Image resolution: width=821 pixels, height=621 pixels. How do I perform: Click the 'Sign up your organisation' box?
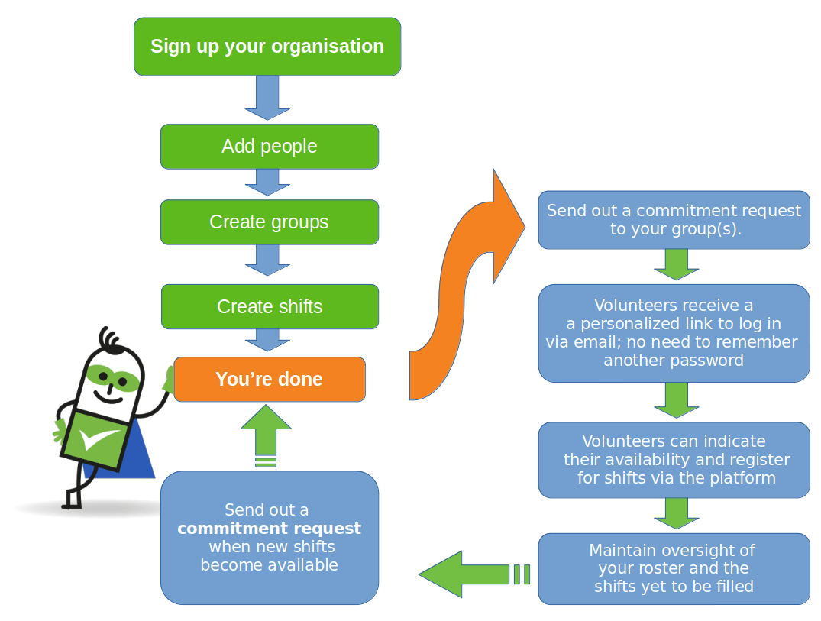point(267,47)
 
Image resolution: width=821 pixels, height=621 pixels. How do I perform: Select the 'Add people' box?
point(269,147)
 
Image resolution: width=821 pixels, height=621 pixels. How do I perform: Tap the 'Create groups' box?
point(269,222)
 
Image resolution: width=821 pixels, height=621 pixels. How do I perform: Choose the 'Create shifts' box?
point(269,307)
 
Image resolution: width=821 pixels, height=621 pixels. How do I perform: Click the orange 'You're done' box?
point(269,380)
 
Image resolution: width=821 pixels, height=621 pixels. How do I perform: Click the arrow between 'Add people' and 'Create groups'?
point(267,182)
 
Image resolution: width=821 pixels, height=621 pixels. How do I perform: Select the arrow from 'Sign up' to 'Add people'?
point(267,98)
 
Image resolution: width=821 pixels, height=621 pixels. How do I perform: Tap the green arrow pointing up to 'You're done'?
point(267,432)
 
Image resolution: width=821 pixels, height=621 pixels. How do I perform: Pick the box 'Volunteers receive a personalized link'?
point(674,333)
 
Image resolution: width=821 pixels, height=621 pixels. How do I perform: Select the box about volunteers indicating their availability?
point(674,460)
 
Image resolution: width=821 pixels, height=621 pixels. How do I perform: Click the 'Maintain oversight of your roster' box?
point(674,569)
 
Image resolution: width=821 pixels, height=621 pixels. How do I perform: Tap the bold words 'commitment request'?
point(269,529)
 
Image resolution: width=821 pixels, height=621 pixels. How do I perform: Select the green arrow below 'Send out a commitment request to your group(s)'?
point(677,264)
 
